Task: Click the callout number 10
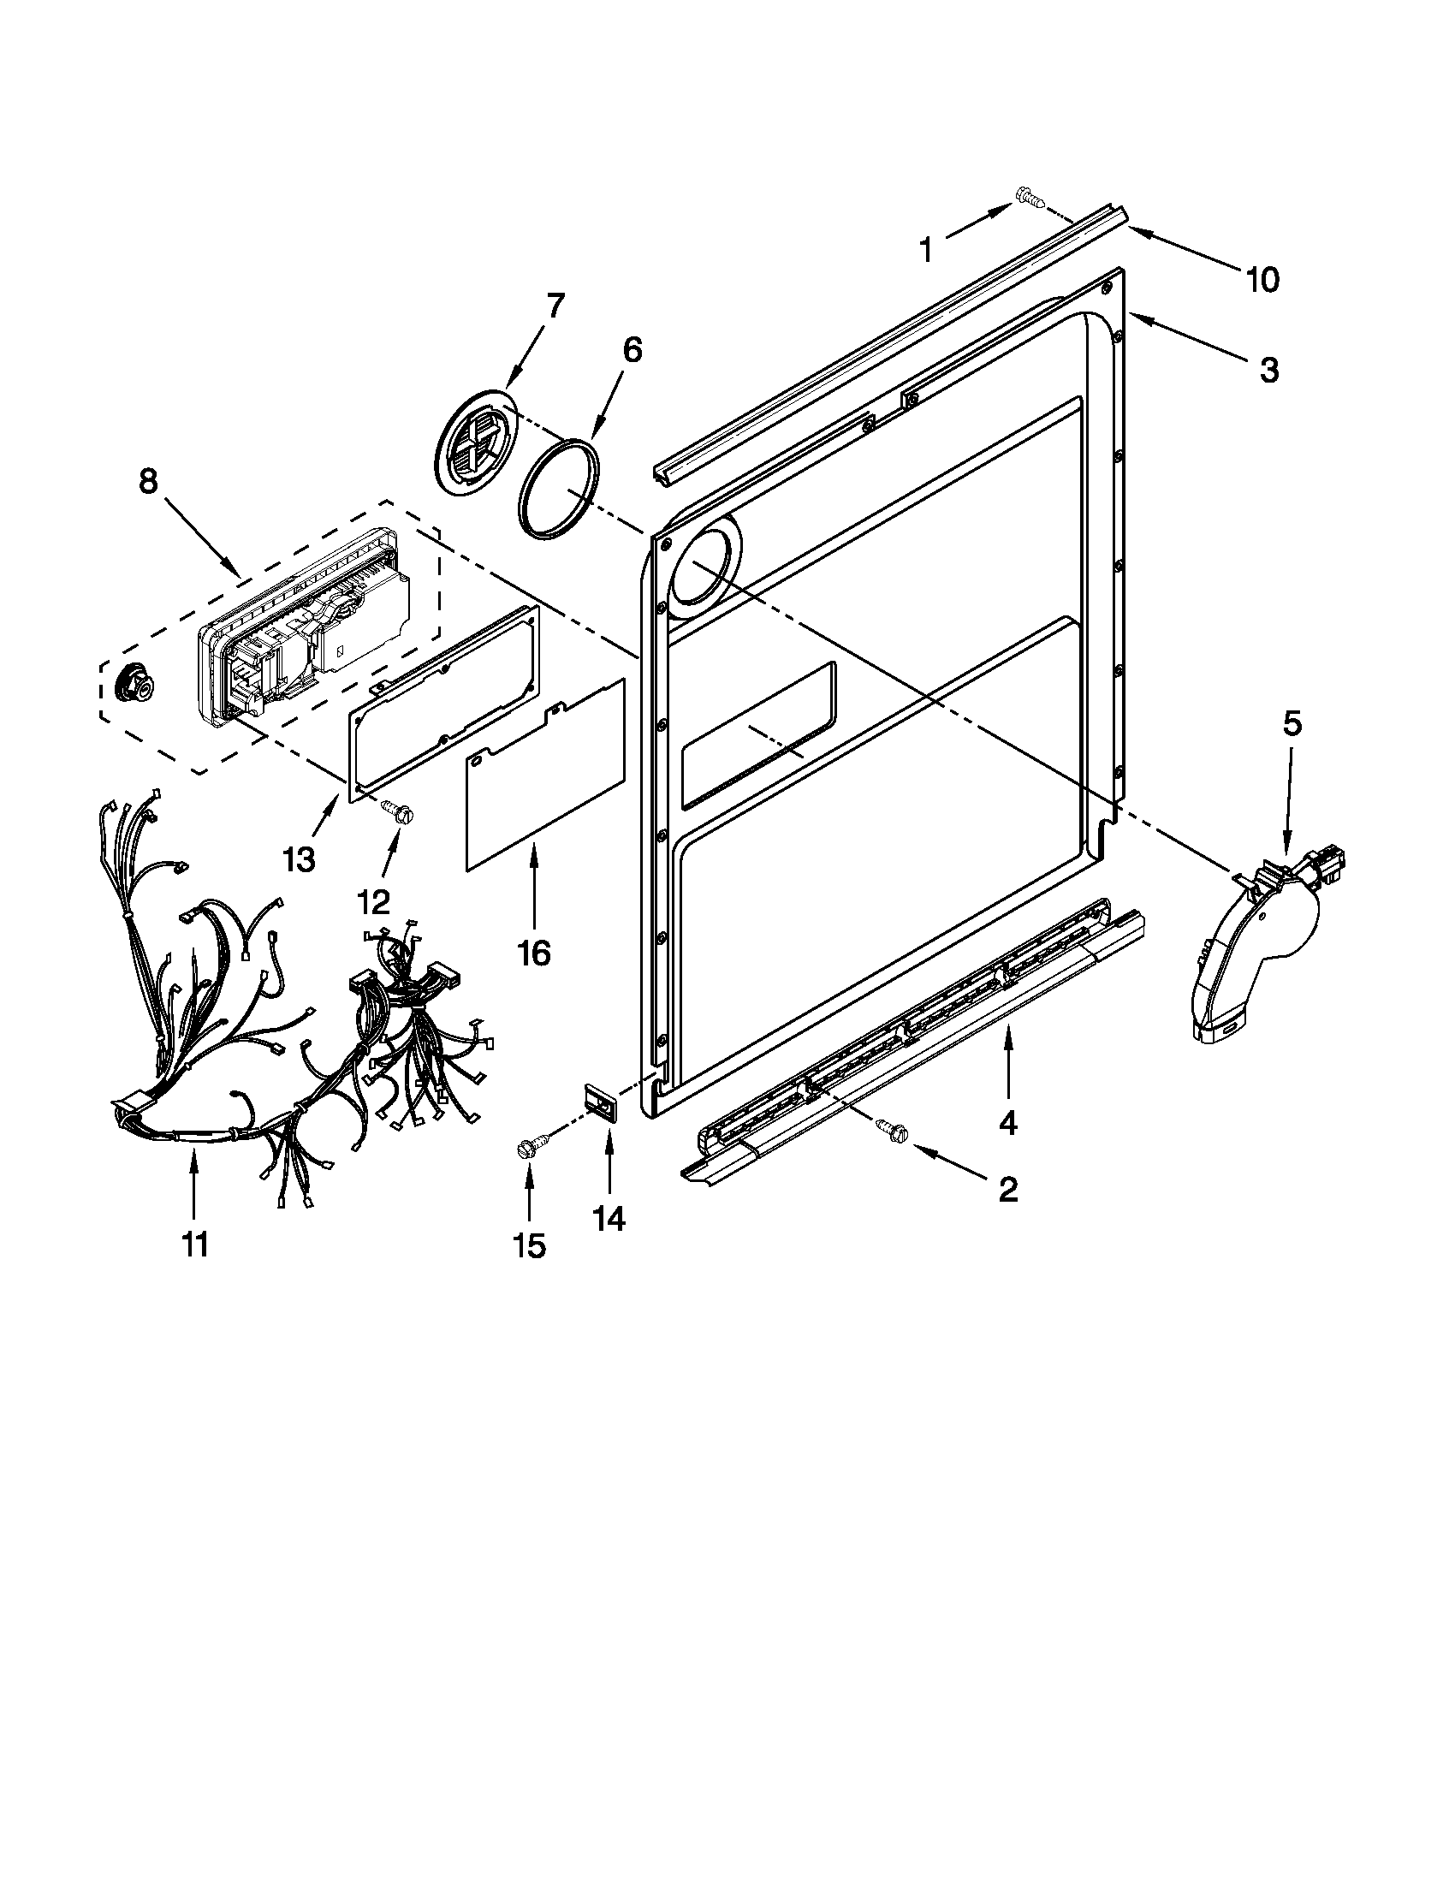tap(1262, 279)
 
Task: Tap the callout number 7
tap(555, 306)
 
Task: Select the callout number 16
tap(533, 953)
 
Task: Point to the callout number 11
tap(195, 1244)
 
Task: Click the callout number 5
tap(1292, 725)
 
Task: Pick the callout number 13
tap(299, 859)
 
